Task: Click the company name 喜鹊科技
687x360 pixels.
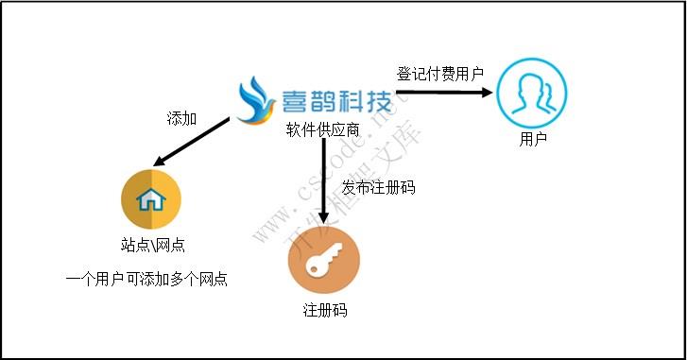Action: (335, 101)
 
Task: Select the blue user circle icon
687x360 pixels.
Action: (532, 93)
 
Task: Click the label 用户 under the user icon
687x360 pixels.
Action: (533, 140)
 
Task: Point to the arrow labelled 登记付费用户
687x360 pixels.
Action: (444, 93)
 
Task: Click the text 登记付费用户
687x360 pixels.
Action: (440, 74)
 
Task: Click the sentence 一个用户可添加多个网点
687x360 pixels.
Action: (147, 280)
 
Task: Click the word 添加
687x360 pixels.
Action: (181, 118)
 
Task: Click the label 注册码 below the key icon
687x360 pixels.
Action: (324, 310)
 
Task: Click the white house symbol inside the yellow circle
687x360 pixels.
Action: (151, 200)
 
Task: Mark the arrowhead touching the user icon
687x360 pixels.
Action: (488, 93)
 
